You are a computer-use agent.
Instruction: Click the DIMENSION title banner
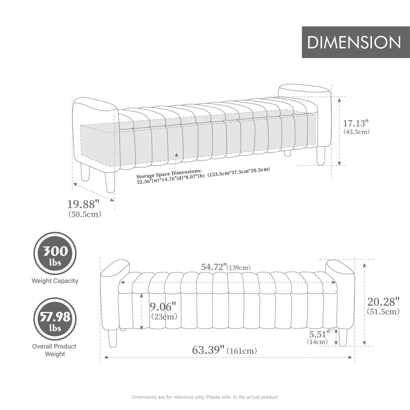pos(356,42)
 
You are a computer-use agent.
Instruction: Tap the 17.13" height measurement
pos(356,123)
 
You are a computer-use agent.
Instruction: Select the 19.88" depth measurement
pos(83,204)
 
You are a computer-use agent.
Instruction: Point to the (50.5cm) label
pos(85,214)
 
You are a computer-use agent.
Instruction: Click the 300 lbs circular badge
pos(55,253)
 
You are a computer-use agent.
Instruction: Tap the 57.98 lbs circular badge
pos(55,319)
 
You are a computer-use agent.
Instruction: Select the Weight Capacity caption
pos(55,281)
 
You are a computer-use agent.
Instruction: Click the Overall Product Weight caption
pos(54,350)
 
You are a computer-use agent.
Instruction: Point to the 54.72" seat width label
pos(214,267)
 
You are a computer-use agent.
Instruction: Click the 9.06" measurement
pos(163,306)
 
